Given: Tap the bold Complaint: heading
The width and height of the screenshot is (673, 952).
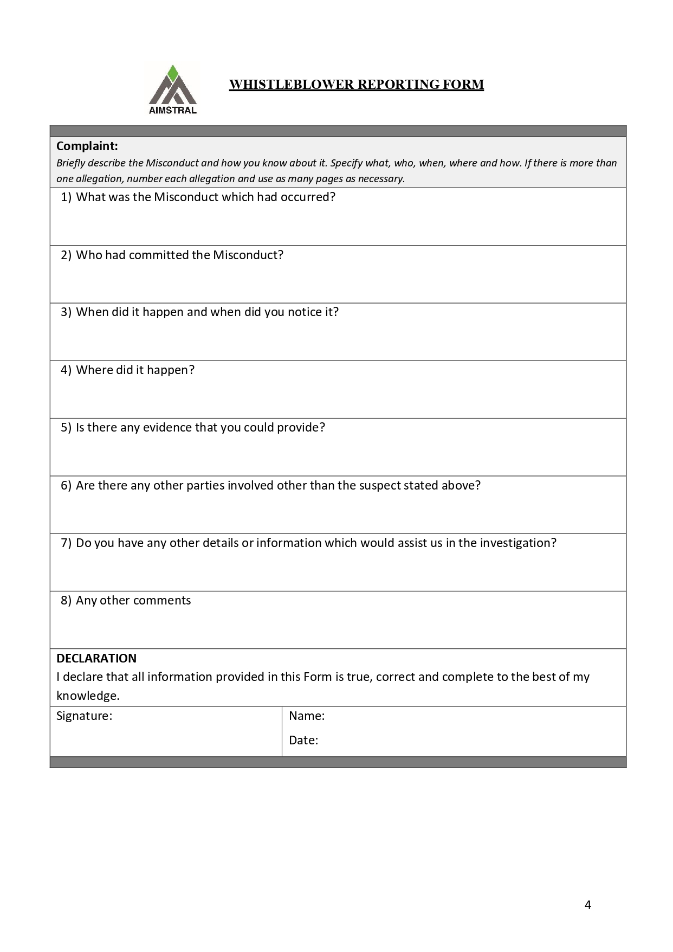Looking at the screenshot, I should [x=87, y=146].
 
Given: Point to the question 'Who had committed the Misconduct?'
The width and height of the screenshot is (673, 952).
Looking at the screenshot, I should [x=179, y=255].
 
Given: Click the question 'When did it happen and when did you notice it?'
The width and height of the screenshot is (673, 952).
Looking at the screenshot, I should [x=207, y=312].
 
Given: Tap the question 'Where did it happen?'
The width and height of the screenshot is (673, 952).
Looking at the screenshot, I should [x=135, y=370].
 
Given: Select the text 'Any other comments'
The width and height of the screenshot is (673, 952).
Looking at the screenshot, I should [x=133, y=600].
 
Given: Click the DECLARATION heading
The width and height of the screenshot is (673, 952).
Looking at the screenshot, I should [x=96, y=658].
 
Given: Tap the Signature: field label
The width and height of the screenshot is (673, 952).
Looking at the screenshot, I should [x=84, y=716].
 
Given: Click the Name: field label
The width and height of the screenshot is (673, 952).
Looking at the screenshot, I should [x=307, y=716].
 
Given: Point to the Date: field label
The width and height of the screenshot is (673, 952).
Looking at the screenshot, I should [x=303, y=740].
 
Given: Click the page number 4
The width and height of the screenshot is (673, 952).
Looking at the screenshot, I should [x=588, y=904].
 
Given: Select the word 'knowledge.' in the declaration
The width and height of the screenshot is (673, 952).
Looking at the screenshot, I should [x=88, y=696].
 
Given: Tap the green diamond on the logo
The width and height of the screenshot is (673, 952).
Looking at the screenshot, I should [x=173, y=73].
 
